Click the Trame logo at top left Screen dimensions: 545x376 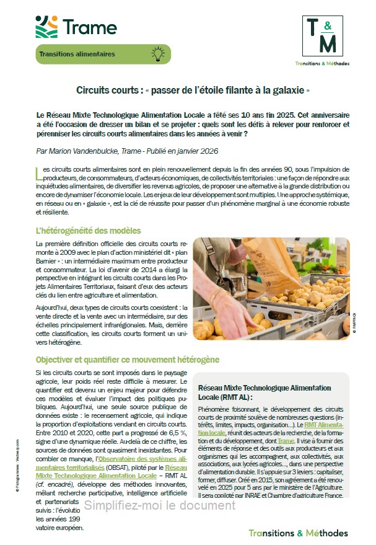click(x=76, y=27)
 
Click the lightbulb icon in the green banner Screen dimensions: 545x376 click(x=157, y=54)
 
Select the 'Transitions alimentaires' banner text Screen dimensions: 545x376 click(x=77, y=54)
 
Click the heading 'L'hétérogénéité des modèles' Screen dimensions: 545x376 click(x=89, y=231)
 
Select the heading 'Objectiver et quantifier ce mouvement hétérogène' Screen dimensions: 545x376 click(x=127, y=360)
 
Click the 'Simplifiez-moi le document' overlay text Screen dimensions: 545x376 click(x=160, y=505)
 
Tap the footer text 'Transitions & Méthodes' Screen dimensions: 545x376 click(x=298, y=533)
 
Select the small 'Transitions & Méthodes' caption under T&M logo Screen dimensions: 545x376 click(x=322, y=63)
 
